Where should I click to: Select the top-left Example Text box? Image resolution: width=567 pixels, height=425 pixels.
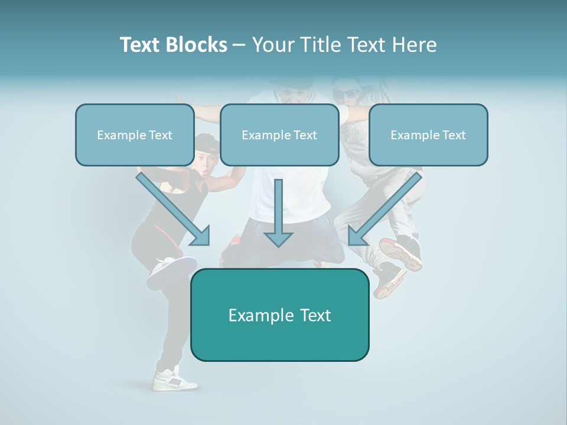pos(135,135)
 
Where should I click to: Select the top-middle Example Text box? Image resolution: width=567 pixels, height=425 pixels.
pos(279,135)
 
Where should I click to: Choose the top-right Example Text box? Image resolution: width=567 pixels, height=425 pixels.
pos(428,135)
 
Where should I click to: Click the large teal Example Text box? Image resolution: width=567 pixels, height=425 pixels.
pos(279,315)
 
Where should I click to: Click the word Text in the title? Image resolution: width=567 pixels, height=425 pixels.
pos(139,45)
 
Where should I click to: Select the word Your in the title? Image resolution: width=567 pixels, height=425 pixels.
pos(273,45)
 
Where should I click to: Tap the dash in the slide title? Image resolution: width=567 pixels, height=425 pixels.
pos(239,45)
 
